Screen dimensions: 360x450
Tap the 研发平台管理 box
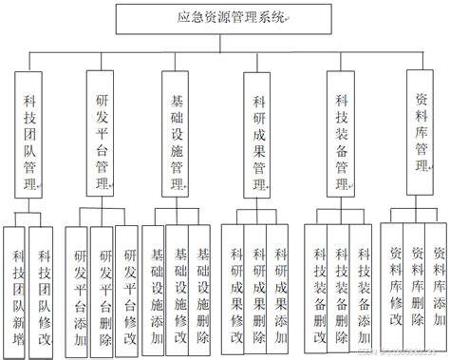click(x=106, y=133)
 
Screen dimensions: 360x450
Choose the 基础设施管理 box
click(x=178, y=134)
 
